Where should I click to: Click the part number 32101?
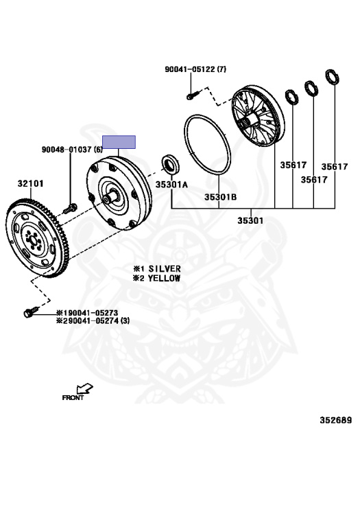pyautogui.click(x=31, y=183)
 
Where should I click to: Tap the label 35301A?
pyautogui.click(x=171, y=185)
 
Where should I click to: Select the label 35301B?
pyautogui.click(x=220, y=197)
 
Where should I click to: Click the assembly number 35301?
pyautogui.click(x=250, y=220)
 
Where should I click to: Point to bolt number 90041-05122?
pyautogui.click(x=190, y=69)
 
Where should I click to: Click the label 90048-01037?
pyautogui.click(x=67, y=149)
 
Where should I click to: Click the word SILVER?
pyautogui.click(x=165, y=269)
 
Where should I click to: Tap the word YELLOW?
pyautogui.click(x=164, y=279)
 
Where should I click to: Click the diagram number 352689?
pyautogui.click(x=336, y=420)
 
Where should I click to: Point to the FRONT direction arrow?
pyautogui.click(x=84, y=389)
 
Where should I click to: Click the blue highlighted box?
pyautogui.click(x=119, y=142)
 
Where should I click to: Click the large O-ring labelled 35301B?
pyautogui.click(x=207, y=145)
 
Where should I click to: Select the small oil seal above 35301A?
pyautogui.click(x=171, y=165)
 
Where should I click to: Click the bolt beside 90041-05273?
pyautogui.click(x=32, y=312)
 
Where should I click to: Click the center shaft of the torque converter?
pyautogui.click(x=110, y=198)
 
